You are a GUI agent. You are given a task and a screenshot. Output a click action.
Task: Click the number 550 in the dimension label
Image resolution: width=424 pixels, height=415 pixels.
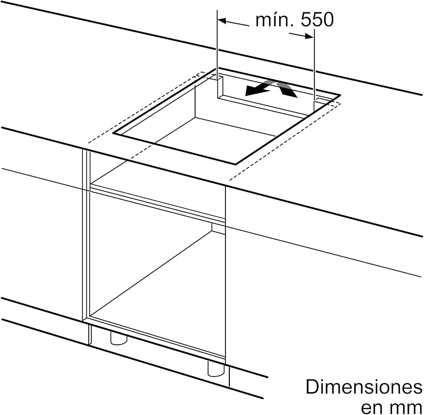tap(317, 20)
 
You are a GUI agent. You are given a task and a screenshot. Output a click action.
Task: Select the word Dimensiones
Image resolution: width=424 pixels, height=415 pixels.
tap(364, 387)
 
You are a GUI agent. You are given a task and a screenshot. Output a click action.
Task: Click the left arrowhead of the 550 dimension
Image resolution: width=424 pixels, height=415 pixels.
tap(222, 20)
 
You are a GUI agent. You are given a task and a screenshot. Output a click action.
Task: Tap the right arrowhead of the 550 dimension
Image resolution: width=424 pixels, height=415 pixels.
tap(309, 36)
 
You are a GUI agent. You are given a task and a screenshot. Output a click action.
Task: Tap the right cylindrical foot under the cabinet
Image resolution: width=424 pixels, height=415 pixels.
tap(216, 368)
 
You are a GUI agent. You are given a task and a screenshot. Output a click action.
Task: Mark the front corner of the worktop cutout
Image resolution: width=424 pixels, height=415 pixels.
tap(236, 164)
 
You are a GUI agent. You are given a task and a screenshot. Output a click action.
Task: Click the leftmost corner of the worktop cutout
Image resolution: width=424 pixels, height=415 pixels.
tap(113, 133)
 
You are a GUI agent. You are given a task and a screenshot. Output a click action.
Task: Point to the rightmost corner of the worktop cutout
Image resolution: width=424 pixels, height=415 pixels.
tap(340, 95)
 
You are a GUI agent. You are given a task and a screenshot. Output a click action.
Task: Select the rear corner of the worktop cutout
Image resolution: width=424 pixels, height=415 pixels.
tap(218, 68)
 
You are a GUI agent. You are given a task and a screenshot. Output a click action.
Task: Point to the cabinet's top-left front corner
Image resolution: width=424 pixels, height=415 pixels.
tap(83, 150)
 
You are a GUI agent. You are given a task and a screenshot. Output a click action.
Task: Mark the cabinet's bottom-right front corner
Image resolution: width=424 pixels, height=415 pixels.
tap(225, 359)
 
